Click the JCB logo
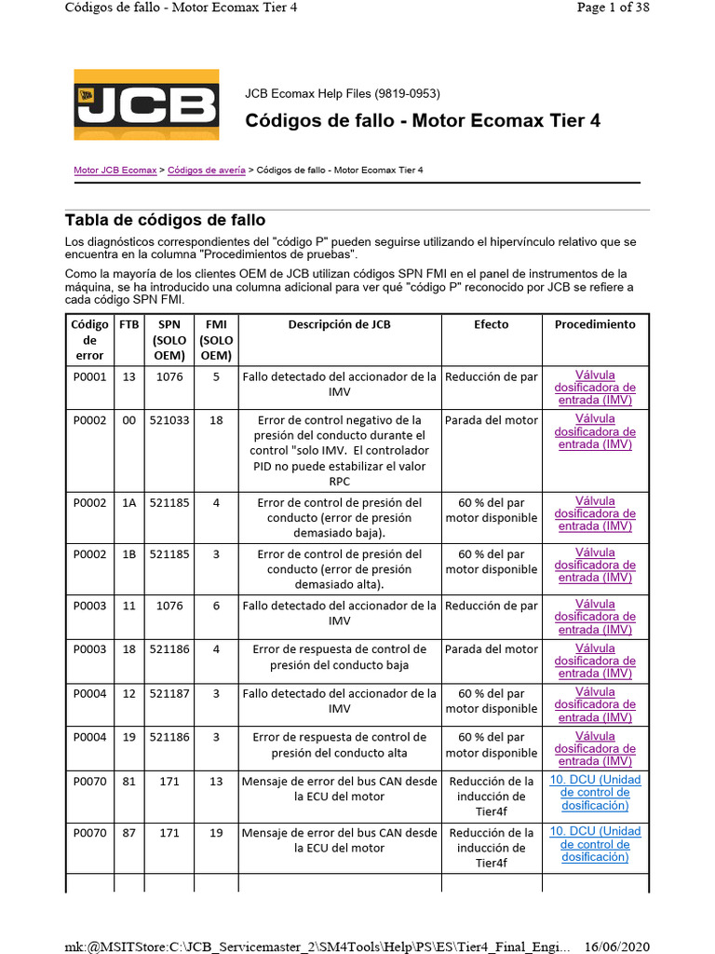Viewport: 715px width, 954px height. [x=146, y=104]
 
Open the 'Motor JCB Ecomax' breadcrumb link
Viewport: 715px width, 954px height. [x=115, y=171]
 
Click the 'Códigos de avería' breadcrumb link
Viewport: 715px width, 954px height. [x=207, y=171]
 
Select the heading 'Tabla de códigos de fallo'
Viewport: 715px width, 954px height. [x=165, y=221]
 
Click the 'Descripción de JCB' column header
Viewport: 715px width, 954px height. [x=339, y=325]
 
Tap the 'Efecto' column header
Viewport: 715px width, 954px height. [x=491, y=325]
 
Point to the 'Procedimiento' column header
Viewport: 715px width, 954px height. [x=595, y=325]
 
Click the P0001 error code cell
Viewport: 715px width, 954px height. [x=89, y=377]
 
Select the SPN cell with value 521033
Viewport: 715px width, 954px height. [x=169, y=421]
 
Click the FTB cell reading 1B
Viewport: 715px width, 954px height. [x=128, y=554]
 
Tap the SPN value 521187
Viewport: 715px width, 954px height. [x=169, y=694]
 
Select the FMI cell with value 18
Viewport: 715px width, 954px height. [x=216, y=421]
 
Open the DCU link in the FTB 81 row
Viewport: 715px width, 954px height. [x=595, y=793]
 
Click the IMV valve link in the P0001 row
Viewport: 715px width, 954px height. [x=595, y=388]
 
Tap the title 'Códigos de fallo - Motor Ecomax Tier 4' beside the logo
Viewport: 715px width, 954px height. [x=423, y=121]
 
